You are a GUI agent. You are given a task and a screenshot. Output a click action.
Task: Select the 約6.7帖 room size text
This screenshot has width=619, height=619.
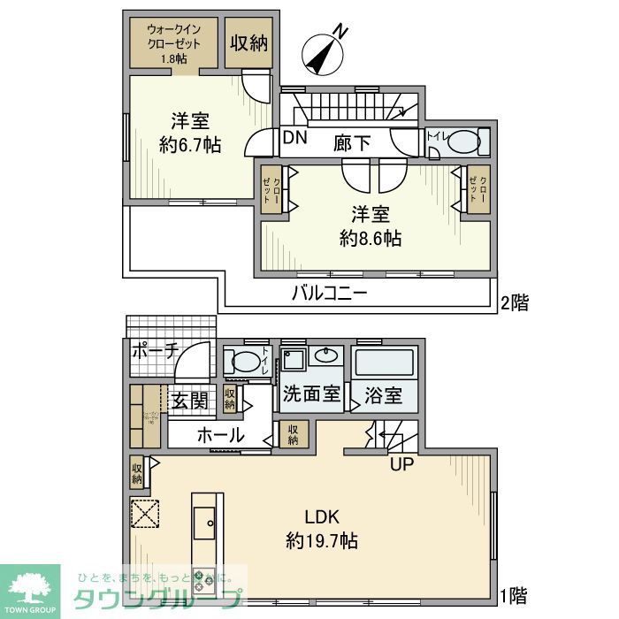(x=190, y=145)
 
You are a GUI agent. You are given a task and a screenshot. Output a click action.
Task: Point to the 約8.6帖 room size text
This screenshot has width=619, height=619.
(x=371, y=238)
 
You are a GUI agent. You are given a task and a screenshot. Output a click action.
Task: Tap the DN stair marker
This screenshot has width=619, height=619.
(x=294, y=138)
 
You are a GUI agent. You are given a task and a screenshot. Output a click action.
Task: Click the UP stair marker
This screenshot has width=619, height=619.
(x=401, y=462)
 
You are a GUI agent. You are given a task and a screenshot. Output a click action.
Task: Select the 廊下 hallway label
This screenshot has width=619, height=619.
(x=352, y=141)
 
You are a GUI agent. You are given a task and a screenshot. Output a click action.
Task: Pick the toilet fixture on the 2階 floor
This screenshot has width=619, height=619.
(x=466, y=142)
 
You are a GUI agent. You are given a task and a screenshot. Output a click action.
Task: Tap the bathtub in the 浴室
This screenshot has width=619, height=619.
(x=383, y=363)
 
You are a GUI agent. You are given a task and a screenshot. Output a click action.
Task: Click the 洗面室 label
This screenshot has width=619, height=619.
(x=311, y=395)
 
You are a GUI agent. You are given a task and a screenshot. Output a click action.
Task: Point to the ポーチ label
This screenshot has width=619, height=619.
(x=155, y=350)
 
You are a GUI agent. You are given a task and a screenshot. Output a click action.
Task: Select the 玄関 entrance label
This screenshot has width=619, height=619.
(x=189, y=401)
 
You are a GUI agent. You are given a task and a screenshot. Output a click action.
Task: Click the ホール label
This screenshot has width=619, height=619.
(x=220, y=434)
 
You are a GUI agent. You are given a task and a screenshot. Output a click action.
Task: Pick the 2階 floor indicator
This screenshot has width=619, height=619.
(x=515, y=303)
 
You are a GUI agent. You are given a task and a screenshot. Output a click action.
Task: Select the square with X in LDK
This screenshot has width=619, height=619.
(x=144, y=512)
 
